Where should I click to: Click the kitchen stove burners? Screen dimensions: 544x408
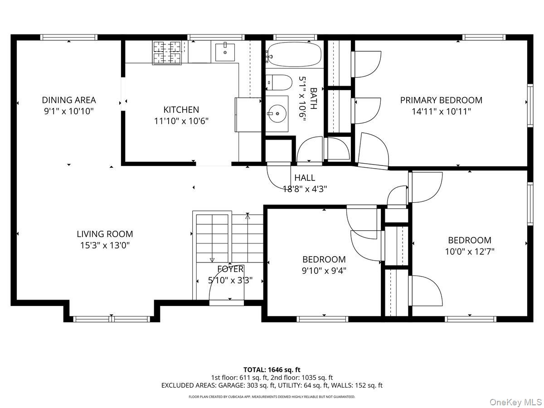[x=167, y=53]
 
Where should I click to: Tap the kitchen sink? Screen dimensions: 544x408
[x=225, y=52]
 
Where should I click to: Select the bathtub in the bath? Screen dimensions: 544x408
[x=294, y=54]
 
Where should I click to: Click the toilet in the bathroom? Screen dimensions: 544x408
[x=280, y=83]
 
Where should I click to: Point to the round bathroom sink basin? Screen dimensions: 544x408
[x=277, y=114]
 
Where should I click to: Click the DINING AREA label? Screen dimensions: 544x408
[x=69, y=100]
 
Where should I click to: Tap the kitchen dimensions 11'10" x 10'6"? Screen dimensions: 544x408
[x=181, y=121]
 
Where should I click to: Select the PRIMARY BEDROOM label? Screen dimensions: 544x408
[x=441, y=100]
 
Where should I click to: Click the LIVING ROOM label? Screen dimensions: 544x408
[x=105, y=234]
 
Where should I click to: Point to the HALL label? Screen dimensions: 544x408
[x=305, y=178]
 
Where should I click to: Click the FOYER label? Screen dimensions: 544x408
[x=230, y=269]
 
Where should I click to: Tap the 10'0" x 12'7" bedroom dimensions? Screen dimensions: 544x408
[x=470, y=252]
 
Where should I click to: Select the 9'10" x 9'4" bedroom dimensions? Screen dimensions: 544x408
[x=324, y=271]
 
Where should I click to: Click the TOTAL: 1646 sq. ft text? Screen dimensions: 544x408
[x=272, y=370]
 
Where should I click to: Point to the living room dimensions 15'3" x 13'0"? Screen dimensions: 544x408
[x=105, y=245]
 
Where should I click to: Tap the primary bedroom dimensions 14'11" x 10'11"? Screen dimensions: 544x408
[x=441, y=112]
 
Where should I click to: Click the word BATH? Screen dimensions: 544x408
[x=314, y=98]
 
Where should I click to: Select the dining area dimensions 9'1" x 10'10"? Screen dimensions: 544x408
[x=69, y=111]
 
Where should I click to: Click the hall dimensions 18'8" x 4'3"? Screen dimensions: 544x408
[x=305, y=189]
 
